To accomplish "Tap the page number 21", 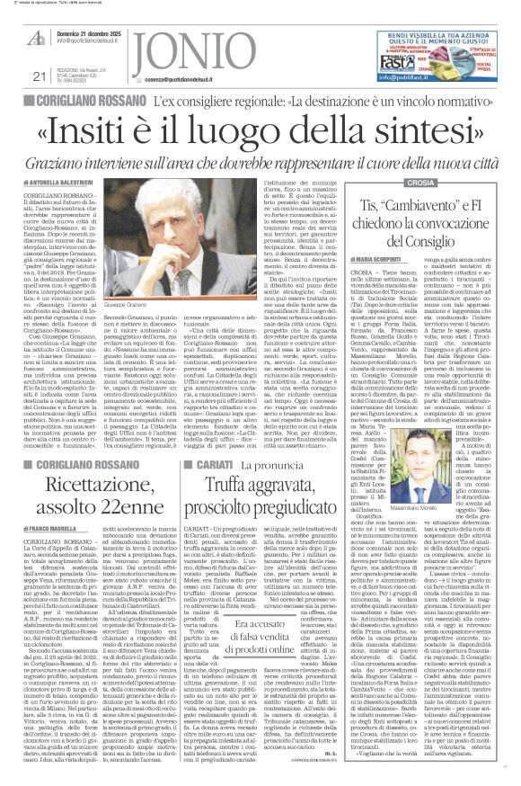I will point(14,76).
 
